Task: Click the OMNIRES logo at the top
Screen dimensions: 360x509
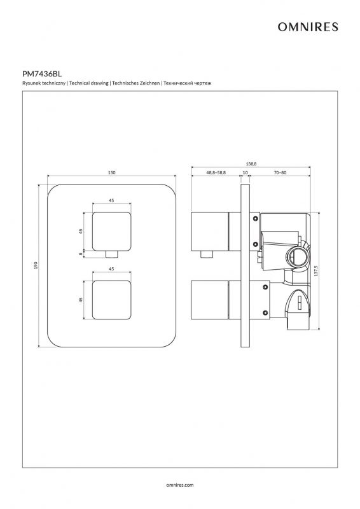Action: [308, 27]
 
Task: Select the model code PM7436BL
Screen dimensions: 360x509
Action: [42, 74]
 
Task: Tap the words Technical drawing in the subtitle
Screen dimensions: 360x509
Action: [88, 83]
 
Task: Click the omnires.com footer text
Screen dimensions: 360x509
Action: [180, 485]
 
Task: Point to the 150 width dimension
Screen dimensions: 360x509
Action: [111, 172]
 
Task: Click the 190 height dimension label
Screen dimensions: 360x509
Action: [36, 265]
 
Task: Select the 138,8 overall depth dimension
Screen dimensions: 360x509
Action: [251, 164]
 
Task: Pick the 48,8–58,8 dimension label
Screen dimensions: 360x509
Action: [216, 172]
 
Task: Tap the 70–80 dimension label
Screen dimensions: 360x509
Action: [280, 172]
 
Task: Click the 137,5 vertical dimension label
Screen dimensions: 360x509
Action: [316, 271]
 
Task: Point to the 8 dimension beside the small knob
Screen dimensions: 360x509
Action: [81, 254]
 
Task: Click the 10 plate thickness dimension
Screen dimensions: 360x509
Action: [245, 172]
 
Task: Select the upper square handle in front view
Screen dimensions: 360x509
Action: [112, 232]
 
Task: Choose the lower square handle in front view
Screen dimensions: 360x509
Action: [112, 300]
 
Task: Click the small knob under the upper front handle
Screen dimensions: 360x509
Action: [112, 254]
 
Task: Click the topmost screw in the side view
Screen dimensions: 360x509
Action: [256, 218]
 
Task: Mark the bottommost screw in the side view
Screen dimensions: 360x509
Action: [265, 313]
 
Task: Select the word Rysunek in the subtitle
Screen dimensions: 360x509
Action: [30, 83]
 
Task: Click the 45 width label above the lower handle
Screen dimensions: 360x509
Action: [111, 268]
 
